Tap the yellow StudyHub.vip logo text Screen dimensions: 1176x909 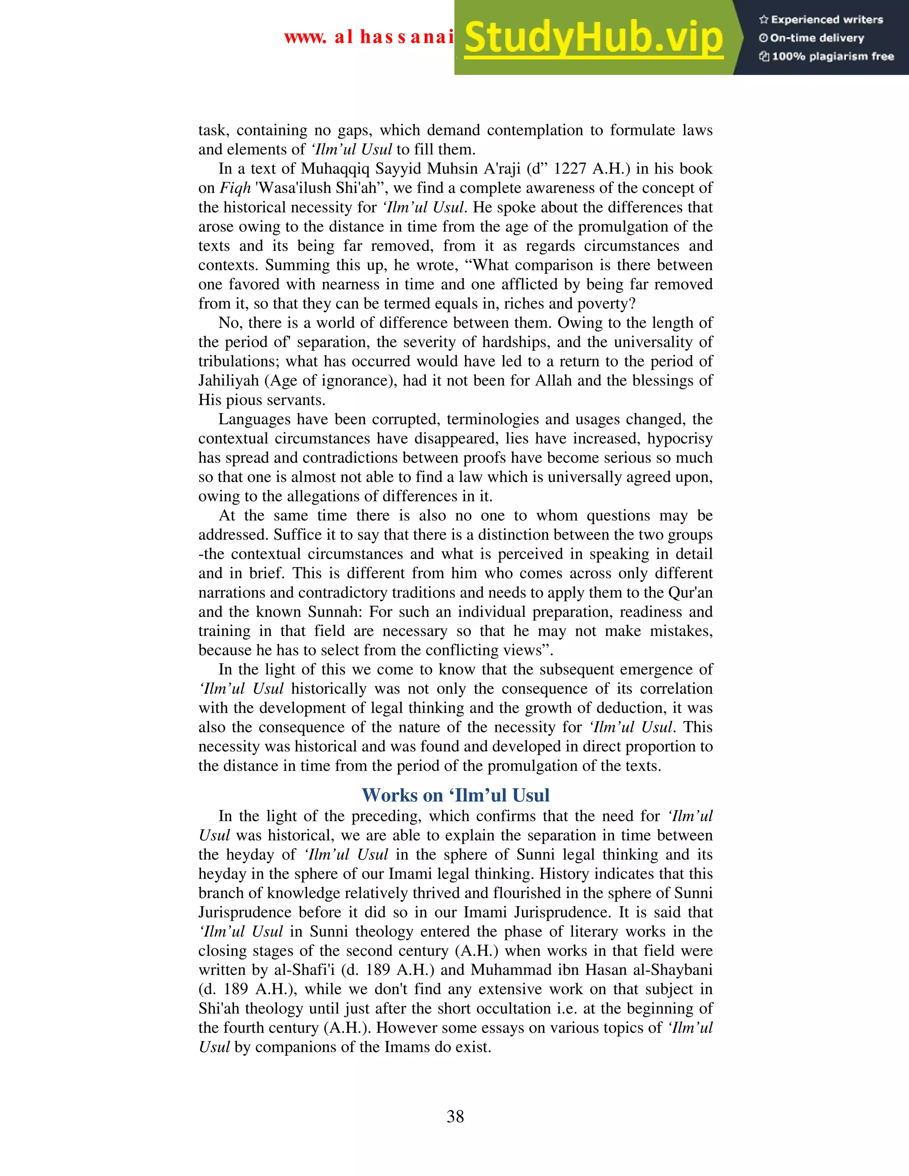coord(593,38)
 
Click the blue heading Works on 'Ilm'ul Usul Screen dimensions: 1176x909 coord(455,795)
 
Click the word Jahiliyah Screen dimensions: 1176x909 coord(228,381)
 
